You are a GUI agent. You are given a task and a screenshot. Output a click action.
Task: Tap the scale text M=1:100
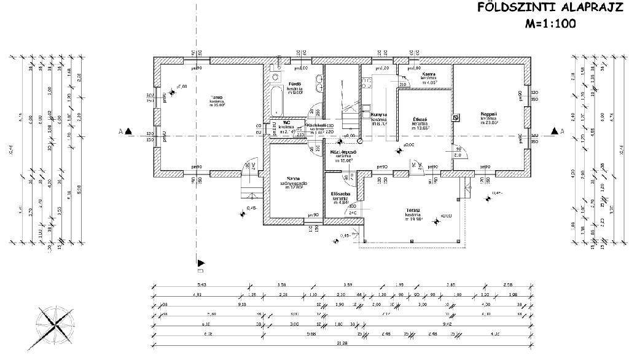550,25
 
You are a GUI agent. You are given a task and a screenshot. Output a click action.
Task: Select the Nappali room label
489,114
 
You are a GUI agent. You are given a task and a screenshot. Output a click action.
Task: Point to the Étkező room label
420,119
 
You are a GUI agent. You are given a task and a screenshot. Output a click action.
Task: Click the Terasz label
412,211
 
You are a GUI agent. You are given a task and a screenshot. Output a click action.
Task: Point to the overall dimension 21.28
339,343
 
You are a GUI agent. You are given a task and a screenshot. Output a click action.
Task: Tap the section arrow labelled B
200,263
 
